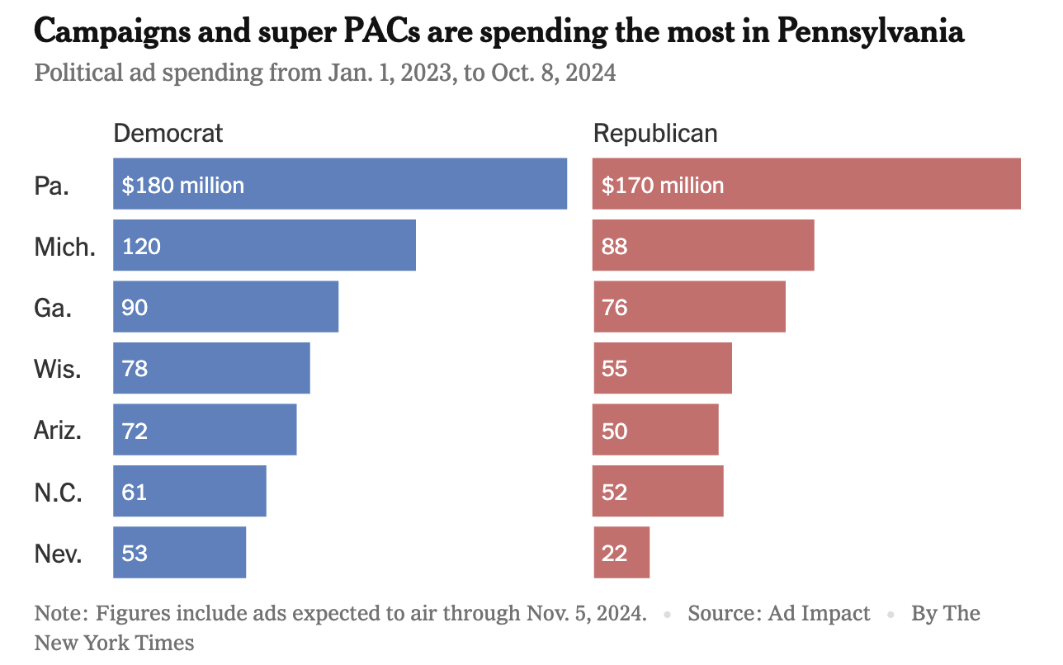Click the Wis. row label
pyautogui.click(x=58, y=368)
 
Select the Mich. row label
pyautogui.click(x=64, y=246)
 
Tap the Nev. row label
pyautogui.click(x=58, y=553)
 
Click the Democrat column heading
pyautogui.click(x=168, y=134)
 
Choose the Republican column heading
pyautogui.click(x=655, y=134)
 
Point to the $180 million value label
pyautogui.click(x=183, y=185)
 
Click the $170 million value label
pyautogui.click(x=663, y=185)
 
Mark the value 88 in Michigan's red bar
pyautogui.click(x=615, y=246)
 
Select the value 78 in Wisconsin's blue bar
pyautogui.click(x=135, y=368)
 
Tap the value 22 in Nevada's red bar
pyautogui.click(x=615, y=553)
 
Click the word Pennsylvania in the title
pyautogui.click(x=871, y=32)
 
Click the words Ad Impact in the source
pyautogui.click(x=819, y=613)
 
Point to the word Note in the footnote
pyautogui.click(x=59, y=613)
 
